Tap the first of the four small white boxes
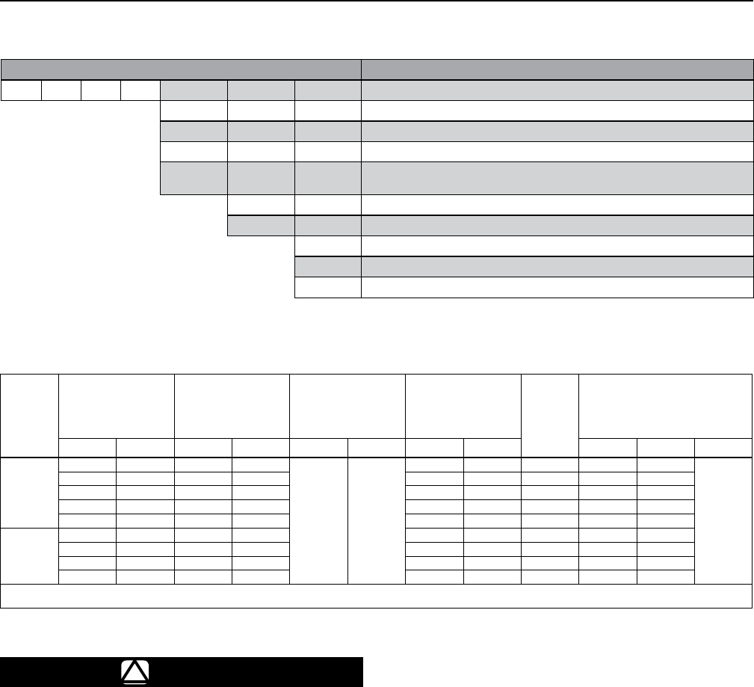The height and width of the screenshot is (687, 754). click(x=21, y=90)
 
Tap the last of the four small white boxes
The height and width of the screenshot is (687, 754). click(x=140, y=90)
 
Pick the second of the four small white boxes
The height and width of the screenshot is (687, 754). click(x=61, y=90)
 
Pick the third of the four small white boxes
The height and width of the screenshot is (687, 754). click(x=100, y=90)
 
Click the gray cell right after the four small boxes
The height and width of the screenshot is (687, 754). click(x=194, y=90)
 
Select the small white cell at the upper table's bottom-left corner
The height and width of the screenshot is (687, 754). click(x=328, y=288)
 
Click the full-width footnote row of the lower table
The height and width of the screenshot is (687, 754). click(x=377, y=595)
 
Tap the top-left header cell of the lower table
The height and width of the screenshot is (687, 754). click(x=29, y=415)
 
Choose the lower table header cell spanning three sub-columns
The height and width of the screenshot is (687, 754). click(x=665, y=404)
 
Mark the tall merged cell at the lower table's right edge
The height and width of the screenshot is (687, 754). click(x=723, y=520)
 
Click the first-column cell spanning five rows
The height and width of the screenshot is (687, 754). click(x=29, y=492)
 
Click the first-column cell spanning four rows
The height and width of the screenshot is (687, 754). click(x=29, y=555)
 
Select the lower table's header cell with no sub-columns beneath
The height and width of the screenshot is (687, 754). click(x=549, y=415)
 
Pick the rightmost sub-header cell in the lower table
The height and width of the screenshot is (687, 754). click(x=723, y=447)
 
